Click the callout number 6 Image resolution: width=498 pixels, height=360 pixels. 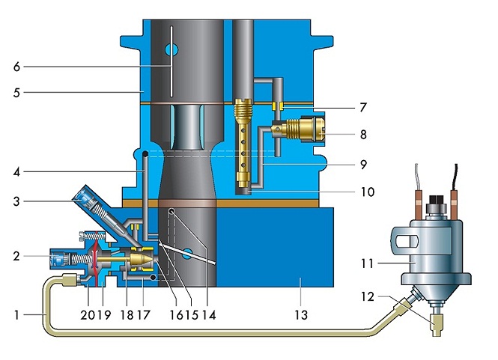pos(16,67)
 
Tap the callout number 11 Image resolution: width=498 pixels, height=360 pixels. pos(367,263)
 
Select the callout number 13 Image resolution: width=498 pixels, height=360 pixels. pos(301,315)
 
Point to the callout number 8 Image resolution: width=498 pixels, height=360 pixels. pos(363,135)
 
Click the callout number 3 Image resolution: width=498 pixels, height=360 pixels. pos(16,201)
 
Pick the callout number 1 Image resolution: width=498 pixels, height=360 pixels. pos(16,315)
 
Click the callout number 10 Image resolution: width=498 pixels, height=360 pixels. pos(368,192)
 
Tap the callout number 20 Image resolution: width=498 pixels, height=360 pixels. pos(88,315)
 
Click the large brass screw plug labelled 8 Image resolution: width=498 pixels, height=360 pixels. pos(303,129)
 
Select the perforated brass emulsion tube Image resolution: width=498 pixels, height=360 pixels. pos(243,143)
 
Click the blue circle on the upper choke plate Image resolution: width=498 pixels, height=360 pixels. pos(171,50)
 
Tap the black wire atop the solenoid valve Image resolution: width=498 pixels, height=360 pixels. pos(456,177)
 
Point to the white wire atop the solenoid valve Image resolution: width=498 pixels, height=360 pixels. pos(416,177)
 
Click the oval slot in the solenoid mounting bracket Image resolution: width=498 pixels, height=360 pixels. pos(406,242)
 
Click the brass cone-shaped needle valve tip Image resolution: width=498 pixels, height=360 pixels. pos(142,260)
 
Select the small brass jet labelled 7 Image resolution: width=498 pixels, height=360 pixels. pos(278,106)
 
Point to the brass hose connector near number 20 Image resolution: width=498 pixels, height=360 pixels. pos(70,280)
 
